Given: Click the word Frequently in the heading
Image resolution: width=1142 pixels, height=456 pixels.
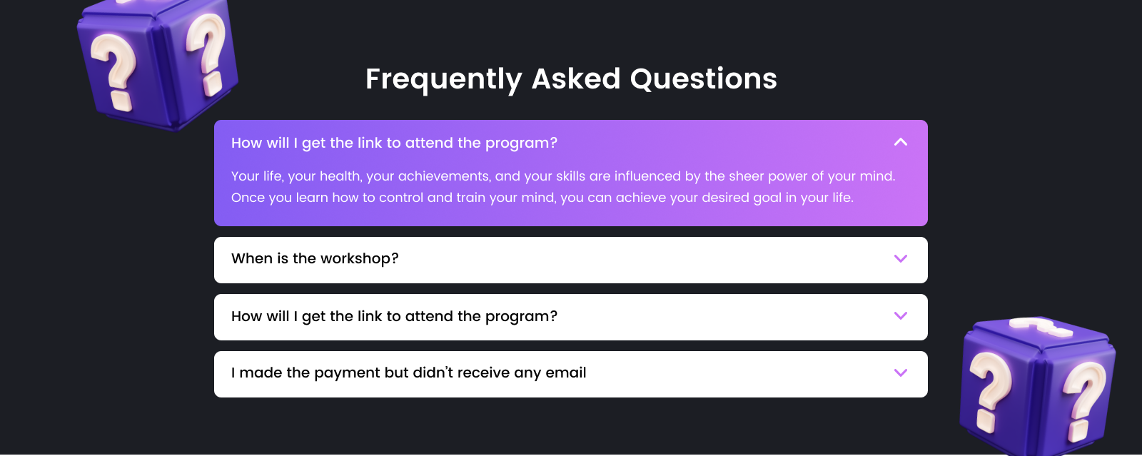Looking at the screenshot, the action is (x=444, y=79).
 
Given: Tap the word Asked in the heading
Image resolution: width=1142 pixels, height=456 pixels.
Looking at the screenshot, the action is (x=576, y=78).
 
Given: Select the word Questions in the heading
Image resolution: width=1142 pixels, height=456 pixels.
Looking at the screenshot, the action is (x=704, y=79).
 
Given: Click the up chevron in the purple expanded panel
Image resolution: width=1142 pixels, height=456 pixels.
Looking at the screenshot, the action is (x=901, y=142).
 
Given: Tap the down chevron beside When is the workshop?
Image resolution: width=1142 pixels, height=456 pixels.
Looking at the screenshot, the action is (x=901, y=259).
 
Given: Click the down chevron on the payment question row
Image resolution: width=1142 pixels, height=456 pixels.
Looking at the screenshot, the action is (x=901, y=373).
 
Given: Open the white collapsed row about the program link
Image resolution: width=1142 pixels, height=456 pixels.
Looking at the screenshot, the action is (x=570, y=317).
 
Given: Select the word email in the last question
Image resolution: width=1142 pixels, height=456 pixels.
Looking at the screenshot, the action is (x=566, y=373).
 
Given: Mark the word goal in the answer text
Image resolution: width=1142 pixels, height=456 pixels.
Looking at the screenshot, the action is (x=767, y=198).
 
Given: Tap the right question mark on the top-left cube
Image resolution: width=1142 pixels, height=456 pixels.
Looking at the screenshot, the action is (x=206, y=54).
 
